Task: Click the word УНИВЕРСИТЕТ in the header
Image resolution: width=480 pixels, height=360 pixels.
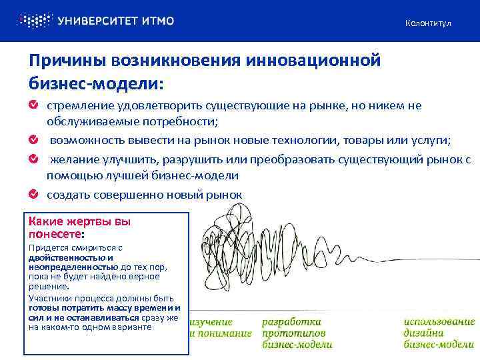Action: tap(98, 21)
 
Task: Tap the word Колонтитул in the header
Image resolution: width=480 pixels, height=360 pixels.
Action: tap(428, 23)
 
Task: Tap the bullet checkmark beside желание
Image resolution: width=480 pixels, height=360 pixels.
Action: tap(33, 159)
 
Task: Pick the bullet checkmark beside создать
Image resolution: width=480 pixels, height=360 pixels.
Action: tap(33, 194)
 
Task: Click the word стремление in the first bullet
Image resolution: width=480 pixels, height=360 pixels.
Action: tap(80, 106)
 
